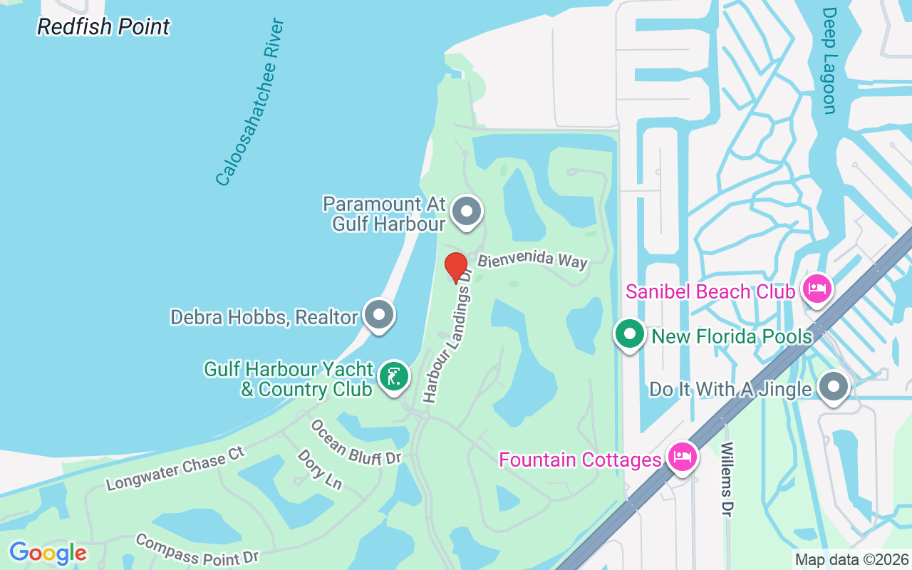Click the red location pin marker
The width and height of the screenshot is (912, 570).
(x=456, y=267)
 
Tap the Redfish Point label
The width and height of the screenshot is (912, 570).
(x=103, y=27)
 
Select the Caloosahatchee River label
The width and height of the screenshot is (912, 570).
(x=250, y=103)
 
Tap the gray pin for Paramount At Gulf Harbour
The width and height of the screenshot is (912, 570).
(x=467, y=212)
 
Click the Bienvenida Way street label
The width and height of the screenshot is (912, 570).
(x=532, y=261)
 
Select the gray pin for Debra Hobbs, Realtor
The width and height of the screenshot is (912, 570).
(x=379, y=314)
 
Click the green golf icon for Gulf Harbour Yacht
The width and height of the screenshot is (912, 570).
(x=393, y=375)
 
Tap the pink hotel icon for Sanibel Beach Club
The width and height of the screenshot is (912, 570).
(x=817, y=289)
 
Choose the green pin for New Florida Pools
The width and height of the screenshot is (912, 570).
(x=630, y=334)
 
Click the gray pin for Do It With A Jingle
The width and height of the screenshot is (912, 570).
(x=833, y=388)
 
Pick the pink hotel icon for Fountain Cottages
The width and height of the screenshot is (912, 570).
(x=682, y=457)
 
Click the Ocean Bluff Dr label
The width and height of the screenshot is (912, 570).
(x=356, y=442)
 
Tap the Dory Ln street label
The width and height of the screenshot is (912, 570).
(x=319, y=469)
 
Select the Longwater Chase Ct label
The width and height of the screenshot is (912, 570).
(x=175, y=469)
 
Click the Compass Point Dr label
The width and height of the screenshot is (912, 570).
(x=197, y=549)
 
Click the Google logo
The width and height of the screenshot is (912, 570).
(x=48, y=553)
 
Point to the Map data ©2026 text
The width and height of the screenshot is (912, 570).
(x=851, y=560)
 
